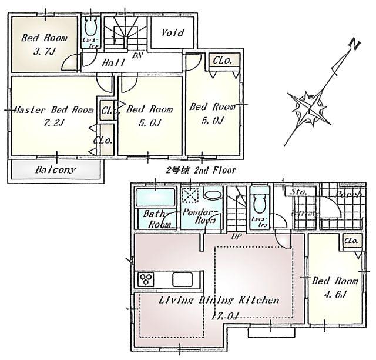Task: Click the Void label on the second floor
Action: pos(173,33)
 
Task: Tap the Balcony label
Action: pos(55,170)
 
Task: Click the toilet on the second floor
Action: pos(92,27)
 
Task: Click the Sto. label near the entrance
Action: pos(298,192)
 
